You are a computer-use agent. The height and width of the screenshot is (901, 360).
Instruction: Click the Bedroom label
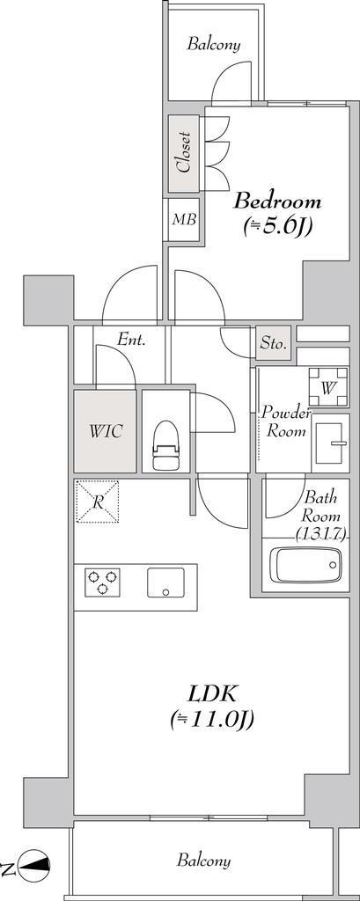(277, 201)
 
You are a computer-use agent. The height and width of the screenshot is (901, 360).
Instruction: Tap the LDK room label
(212, 694)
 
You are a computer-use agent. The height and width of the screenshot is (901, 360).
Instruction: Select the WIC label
(106, 431)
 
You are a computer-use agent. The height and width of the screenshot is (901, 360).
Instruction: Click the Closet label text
(183, 153)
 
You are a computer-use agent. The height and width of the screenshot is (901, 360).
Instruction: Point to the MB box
(184, 219)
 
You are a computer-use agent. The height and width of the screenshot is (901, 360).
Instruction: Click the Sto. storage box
(274, 344)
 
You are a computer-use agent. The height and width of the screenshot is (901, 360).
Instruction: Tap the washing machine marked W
(327, 387)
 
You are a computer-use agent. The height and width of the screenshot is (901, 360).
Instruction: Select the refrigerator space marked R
(97, 502)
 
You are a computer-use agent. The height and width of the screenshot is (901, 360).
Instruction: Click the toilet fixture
(166, 445)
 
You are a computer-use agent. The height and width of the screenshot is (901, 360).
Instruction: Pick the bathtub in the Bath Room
(305, 564)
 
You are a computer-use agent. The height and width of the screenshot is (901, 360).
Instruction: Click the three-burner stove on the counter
(102, 582)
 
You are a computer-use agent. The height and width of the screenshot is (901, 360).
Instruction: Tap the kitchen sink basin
(165, 582)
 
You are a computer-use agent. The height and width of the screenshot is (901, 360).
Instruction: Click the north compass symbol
(34, 864)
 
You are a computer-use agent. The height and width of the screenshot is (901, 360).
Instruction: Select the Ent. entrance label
(131, 340)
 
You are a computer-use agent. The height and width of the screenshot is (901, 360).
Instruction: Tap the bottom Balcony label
(204, 861)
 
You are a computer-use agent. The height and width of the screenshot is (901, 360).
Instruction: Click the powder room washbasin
(330, 443)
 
